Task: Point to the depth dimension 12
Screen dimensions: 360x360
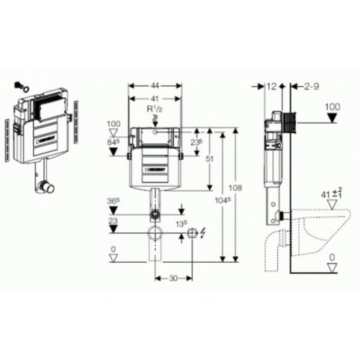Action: (271, 86)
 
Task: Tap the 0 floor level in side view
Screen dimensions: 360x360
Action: (332, 256)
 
